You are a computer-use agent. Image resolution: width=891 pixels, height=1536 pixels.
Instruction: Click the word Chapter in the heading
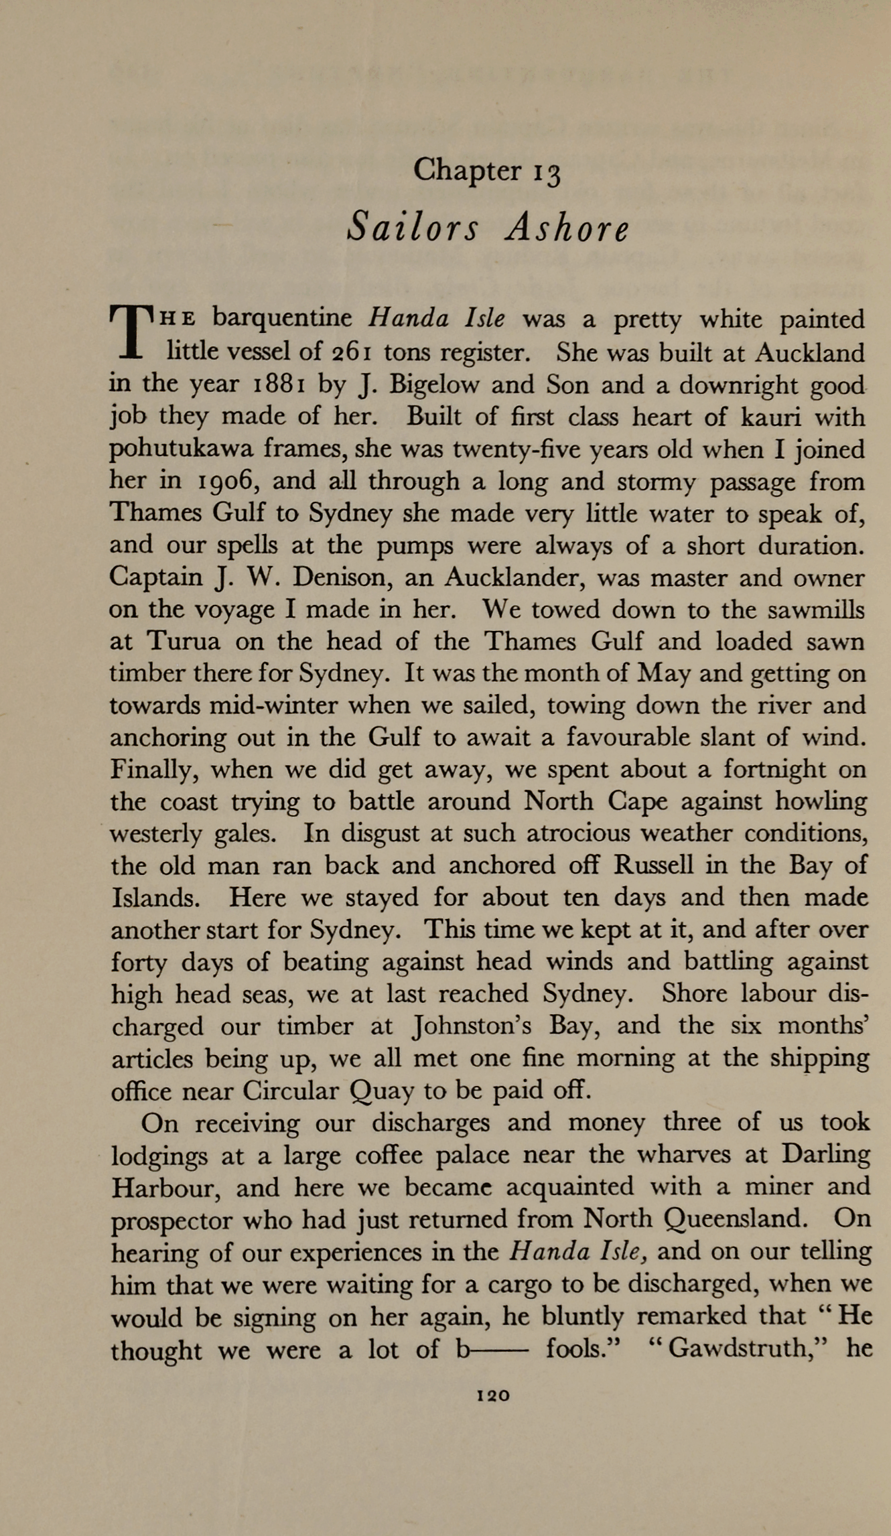[x=466, y=170]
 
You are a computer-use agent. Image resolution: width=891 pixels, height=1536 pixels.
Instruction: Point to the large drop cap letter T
[x=132, y=333]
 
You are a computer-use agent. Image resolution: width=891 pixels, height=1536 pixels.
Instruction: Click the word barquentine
[x=282, y=318]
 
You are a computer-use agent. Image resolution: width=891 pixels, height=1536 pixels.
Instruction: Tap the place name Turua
[x=183, y=642]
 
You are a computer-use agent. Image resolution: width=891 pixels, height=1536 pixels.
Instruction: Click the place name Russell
[x=654, y=865]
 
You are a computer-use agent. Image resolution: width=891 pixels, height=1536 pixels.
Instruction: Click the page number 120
[x=493, y=1397]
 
